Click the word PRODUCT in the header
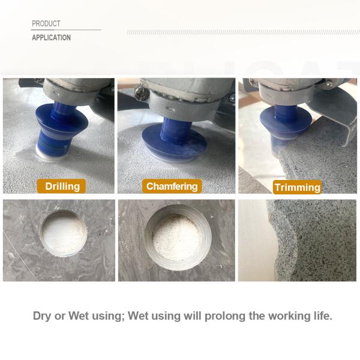click(x=46, y=23)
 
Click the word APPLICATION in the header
click(x=51, y=37)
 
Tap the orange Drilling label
click(x=61, y=186)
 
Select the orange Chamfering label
click(x=172, y=186)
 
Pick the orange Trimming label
click(x=298, y=187)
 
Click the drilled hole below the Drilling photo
click(x=64, y=233)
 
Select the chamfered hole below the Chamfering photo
click(x=178, y=238)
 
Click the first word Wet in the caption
click(x=79, y=316)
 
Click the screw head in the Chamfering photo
click(x=140, y=93)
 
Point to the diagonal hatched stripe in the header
click(x=243, y=32)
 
